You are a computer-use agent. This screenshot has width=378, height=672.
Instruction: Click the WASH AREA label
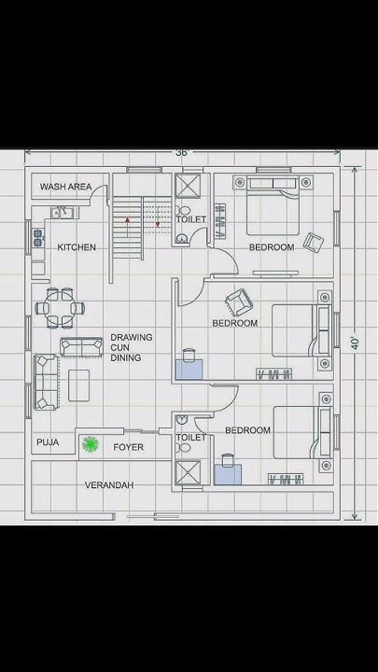point(65,188)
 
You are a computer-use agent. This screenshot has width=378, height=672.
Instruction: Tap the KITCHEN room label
point(77,247)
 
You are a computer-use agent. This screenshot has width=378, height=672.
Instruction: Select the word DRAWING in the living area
point(132,338)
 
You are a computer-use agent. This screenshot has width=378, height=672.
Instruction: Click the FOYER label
point(129,447)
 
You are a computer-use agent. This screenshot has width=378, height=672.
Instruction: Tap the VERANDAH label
point(109,485)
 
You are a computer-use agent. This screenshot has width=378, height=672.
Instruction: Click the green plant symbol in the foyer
point(91,444)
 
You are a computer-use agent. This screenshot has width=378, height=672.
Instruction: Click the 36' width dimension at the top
point(181,152)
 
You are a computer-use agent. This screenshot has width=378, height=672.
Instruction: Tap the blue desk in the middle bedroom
point(189,365)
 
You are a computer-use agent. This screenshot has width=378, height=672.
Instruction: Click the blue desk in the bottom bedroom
point(228,473)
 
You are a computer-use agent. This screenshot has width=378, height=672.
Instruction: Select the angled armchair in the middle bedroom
point(239,301)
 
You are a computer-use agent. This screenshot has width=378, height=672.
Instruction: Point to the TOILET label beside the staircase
point(191,219)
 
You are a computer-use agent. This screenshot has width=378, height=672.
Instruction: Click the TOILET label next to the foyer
point(190,437)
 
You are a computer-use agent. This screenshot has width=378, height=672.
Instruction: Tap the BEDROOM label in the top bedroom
point(271,247)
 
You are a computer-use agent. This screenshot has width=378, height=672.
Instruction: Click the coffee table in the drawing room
point(79,384)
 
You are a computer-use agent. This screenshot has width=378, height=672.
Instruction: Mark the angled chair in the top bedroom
point(314,243)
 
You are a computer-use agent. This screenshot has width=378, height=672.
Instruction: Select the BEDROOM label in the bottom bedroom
point(247,430)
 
